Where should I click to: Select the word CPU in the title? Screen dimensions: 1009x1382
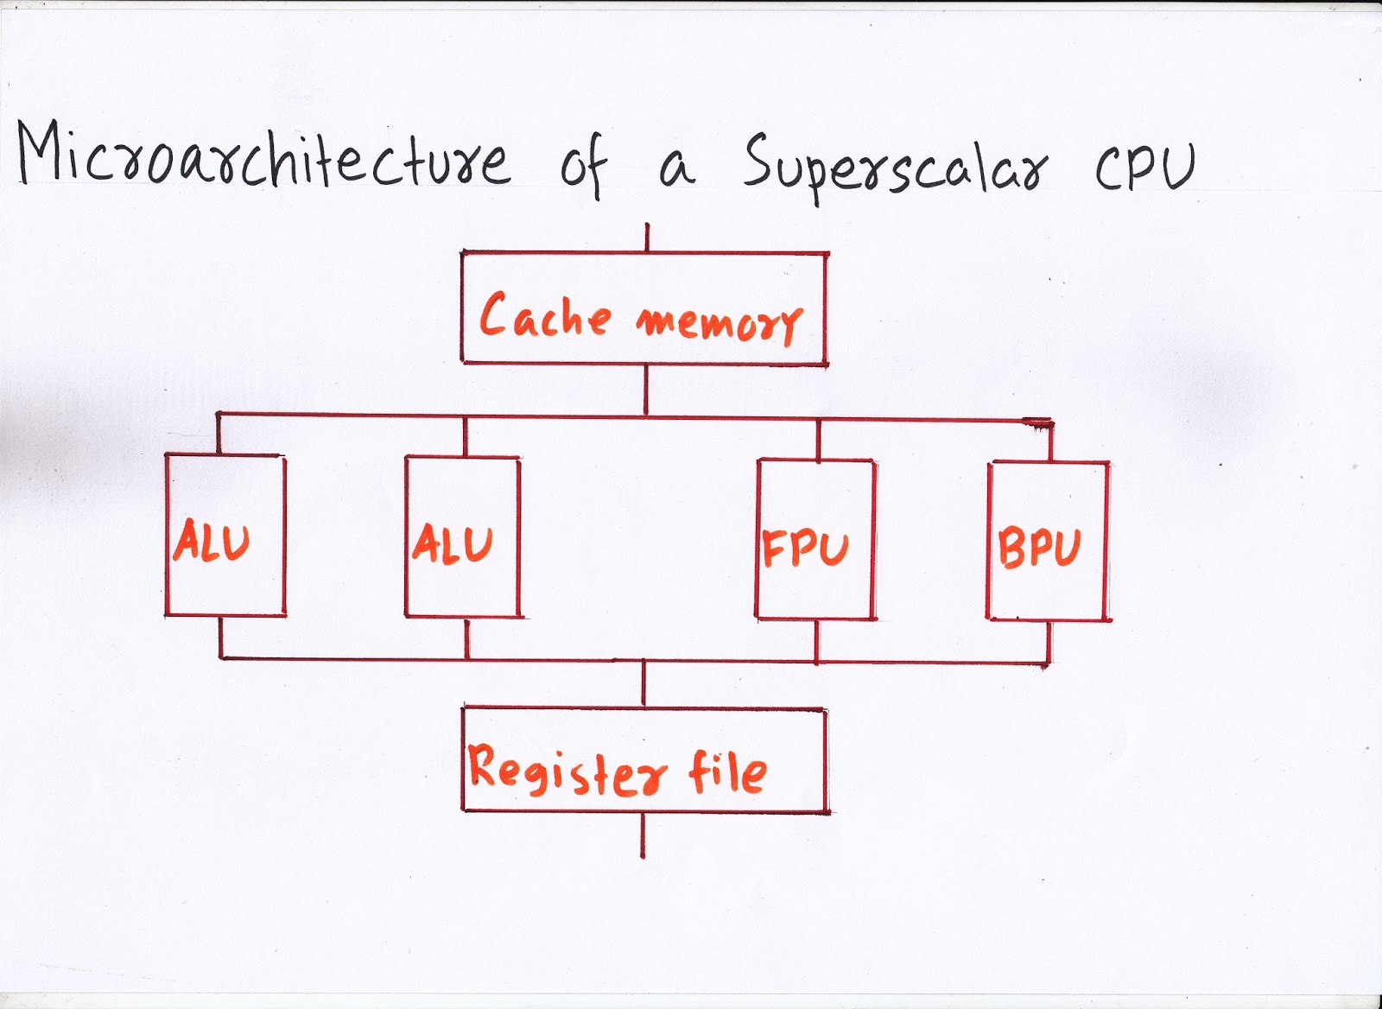coord(1145,164)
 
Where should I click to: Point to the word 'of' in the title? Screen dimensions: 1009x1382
coord(584,166)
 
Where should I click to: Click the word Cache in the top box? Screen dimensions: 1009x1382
coord(544,315)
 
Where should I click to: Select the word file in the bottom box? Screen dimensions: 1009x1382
coord(727,771)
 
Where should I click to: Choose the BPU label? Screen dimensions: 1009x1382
coord(1039,548)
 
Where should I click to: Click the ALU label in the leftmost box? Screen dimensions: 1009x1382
coord(211,543)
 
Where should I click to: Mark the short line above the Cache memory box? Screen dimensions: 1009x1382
coord(647,238)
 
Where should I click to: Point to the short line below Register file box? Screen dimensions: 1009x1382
coord(643,835)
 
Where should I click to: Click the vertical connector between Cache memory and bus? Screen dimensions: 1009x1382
coord(646,390)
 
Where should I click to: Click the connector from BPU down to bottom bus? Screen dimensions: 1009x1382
coord(1049,642)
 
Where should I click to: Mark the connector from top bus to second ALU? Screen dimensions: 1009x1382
coord(465,437)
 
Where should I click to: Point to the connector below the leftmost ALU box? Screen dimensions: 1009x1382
coord(222,638)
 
